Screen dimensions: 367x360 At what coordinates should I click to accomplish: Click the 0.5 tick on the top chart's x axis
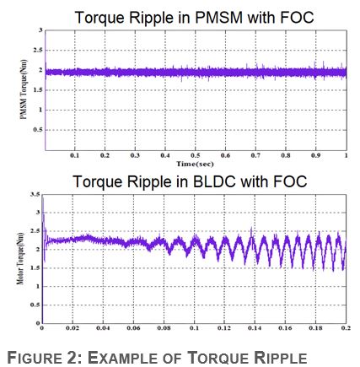pyautogui.click(x=195, y=156)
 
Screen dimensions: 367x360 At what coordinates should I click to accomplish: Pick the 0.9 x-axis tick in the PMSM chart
pyautogui.click(x=315, y=156)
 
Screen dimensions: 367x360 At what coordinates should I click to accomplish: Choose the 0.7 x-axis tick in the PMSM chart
pyautogui.click(x=255, y=156)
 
